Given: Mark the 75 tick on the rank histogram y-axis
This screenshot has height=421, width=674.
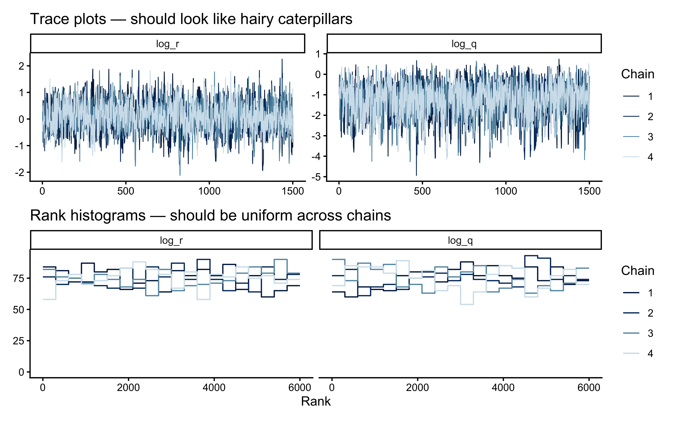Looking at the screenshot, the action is click(x=19, y=278).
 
